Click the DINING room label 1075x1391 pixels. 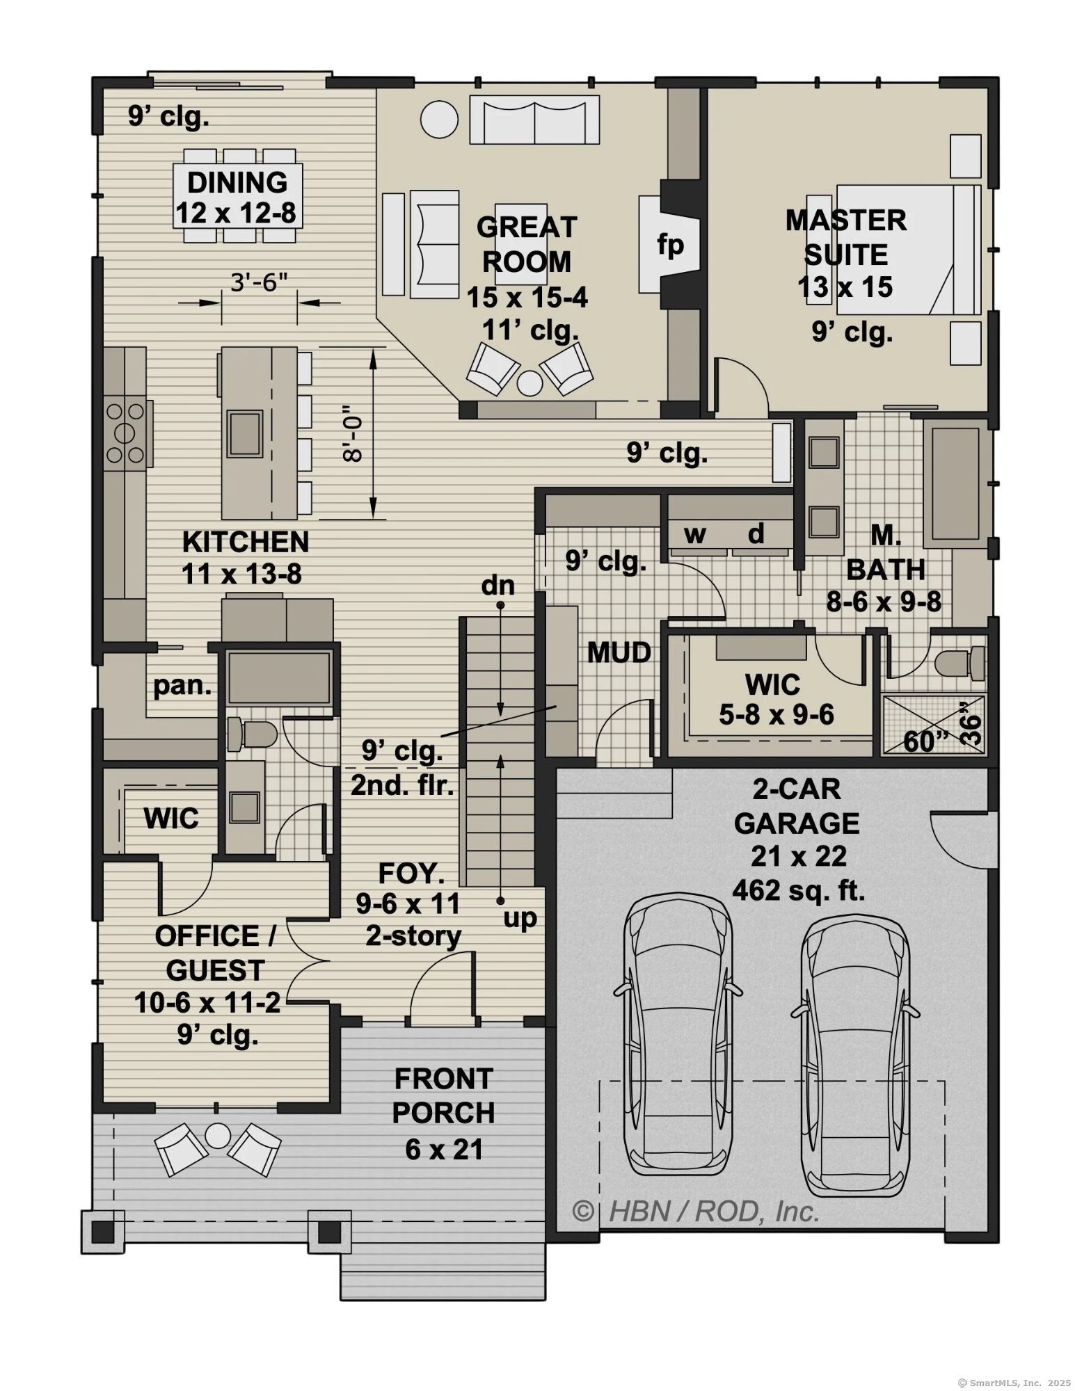click(237, 182)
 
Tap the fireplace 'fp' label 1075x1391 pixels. click(671, 245)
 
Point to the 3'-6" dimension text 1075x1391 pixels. click(259, 283)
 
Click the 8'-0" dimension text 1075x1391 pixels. click(353, 434)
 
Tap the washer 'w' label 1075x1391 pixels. click(695, 534)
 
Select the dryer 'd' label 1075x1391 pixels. click(756, 533)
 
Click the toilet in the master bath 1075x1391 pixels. click(961, 662)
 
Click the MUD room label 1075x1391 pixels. click(619, 652)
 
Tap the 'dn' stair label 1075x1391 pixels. click(498, 586)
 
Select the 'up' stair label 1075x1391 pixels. click(520, 919)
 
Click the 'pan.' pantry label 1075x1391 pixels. click(182, 686)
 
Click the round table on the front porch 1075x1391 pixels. click(218, 1135)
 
